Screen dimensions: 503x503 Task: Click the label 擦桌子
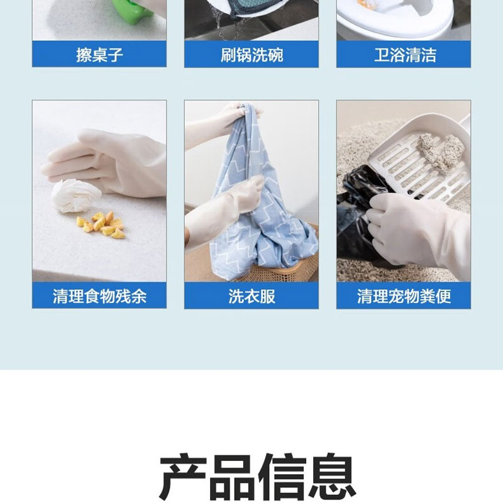pyautogui.click(x=99, y=55)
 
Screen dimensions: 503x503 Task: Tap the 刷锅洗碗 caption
pyautogui.click(x=252, y=55)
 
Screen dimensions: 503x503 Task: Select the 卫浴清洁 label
pyautogui.click(x=405, y=55)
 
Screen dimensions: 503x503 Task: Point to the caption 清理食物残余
pyautogui.click(x=99, y=296)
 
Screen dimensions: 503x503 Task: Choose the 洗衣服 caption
pyautogui.click(x=252, y=296)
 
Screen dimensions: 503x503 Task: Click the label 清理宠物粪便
pyautogui.click(x=404, y=296)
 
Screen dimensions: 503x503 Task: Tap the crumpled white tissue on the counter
pyautogui.click(x=75, y=196)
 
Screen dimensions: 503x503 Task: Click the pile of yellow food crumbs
pyautogui.click(x=101, y=225)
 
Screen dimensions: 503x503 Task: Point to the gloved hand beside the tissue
pyautogui.click(x=109, y=163)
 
